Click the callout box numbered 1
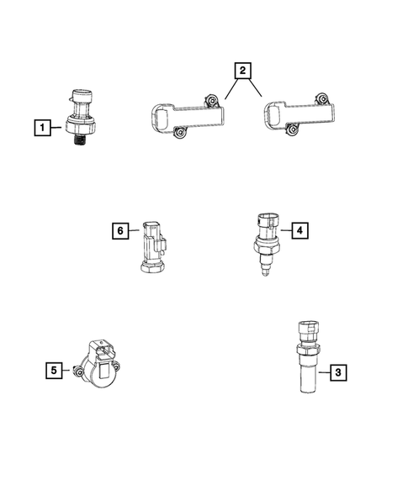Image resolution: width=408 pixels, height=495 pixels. [40, 129]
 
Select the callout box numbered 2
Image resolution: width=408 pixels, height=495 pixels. [241, 71]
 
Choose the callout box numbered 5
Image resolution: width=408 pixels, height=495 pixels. [52, 368]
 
